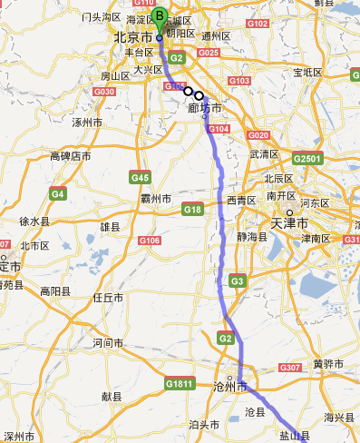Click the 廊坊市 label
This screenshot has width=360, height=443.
click(x=205, y=108)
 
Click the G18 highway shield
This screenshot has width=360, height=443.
click(x=192, y=210)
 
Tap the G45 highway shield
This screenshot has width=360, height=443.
click(x=140, y=176)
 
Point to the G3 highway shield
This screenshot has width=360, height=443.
click(x=238, y=281)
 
